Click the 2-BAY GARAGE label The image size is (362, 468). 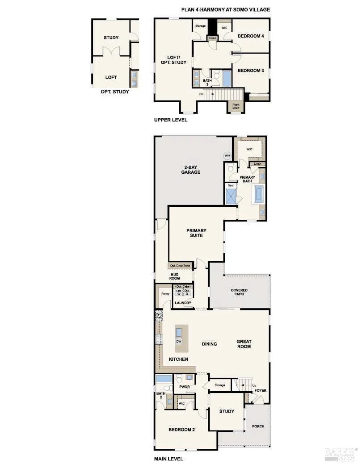click(191, 170)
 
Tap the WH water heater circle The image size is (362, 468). click(227, 155)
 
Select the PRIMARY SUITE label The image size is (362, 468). click(195, 233)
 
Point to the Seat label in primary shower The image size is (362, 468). click(231, 185)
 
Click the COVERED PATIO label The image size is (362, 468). click(239, 293)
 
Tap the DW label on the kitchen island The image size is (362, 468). click(179, 341)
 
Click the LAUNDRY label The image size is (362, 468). click(183, 303)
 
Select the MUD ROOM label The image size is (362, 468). click(174, 276)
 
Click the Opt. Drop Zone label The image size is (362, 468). click(180, 266)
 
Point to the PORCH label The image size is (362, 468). click(258, 426)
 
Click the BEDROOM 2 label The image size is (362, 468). click(181, 430)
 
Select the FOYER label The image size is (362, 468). click(260, 391)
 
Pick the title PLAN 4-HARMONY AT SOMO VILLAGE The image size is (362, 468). click(225, 9)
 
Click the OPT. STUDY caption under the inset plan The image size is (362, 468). click(115, 92)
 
